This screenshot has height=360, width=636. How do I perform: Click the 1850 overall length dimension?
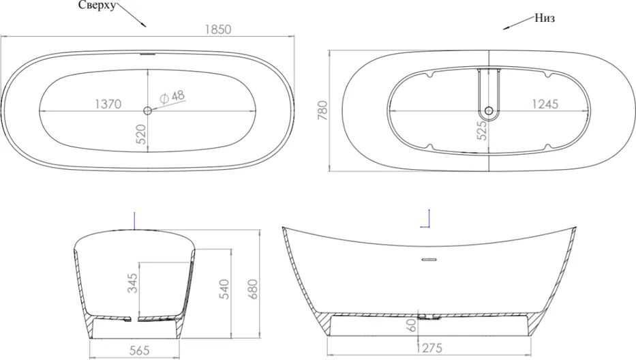[x=218, y=29]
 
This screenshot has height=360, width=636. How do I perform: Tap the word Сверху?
[x=97, y=5]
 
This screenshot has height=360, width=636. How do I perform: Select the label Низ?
[x=545, y=18]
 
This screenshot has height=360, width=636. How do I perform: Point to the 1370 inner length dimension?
[x=108, y=104]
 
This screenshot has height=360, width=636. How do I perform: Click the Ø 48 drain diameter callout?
[x=172, y=97]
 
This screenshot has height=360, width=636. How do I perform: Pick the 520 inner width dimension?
[x=140, y=134]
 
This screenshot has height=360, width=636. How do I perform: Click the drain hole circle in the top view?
[x=147, y=110]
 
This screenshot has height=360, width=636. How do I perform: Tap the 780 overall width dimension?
[x=322, y=110]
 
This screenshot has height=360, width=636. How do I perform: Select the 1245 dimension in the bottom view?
[x=545, y=104]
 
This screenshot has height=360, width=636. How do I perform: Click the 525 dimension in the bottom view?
[x=482, y=130]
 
